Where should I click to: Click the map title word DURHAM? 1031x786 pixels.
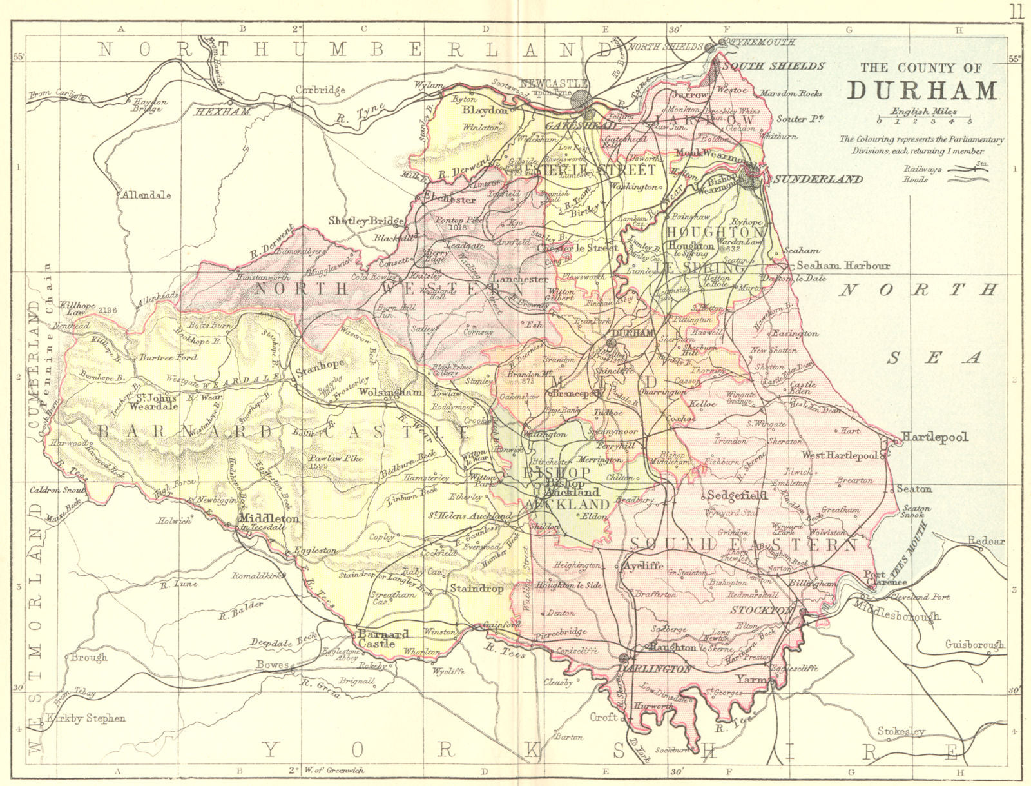point(921,90)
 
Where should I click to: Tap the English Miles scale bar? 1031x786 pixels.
point(924,121)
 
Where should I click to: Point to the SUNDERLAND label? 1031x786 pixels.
point(818,179)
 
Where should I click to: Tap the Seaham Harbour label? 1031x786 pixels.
point(843,266)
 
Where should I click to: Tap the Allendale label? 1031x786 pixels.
point(146,194)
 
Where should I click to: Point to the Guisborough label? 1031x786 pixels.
point(975,644)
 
